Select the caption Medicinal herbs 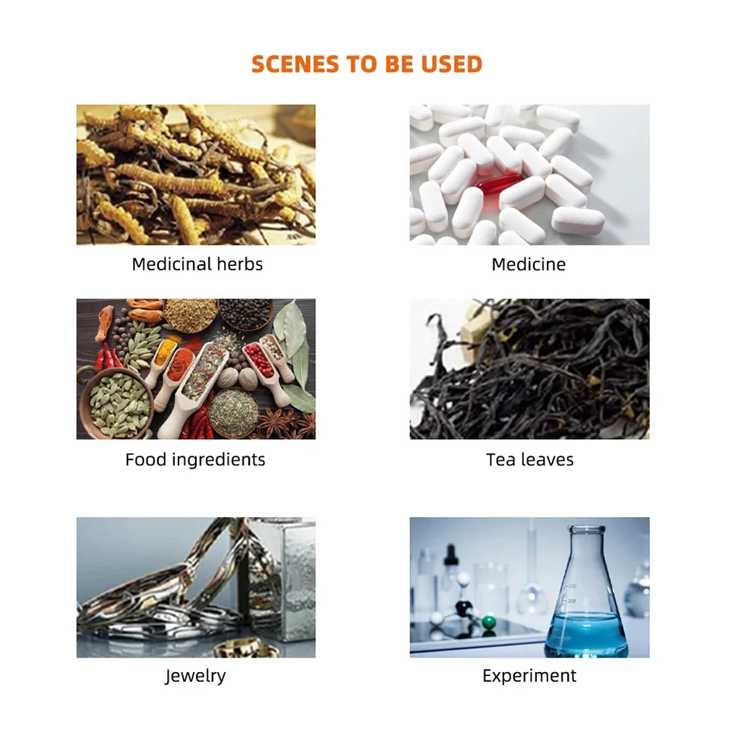pyautogui.click(x=197, y=264)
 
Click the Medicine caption pyautogui.click(x=529, y=264)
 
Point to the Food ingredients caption pyautogui.click(x=195, y=459)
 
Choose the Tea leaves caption pyautogui.click(x=529, y=459)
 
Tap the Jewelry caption pyautogui.click(x=196, y=676)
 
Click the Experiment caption pyautogui.click(x=529, y=676)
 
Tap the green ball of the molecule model pyautogui.click(x=488, y=622)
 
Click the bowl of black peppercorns pyautogui.click(x=245, y=314)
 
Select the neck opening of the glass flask pyautogui.click(x=587, y=529)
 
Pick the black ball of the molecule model pyautogui.click(x=463, y=607)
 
